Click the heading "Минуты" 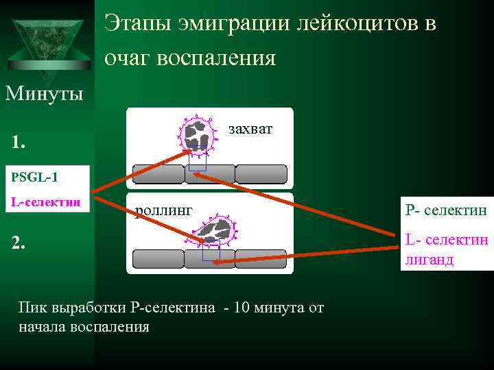45,92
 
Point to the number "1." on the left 19,143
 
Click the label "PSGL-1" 35,177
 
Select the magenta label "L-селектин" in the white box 46,203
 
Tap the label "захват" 250,128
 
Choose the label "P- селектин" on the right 446,210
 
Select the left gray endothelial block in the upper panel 157,174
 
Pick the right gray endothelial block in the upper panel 261,174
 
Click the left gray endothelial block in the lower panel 158,259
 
